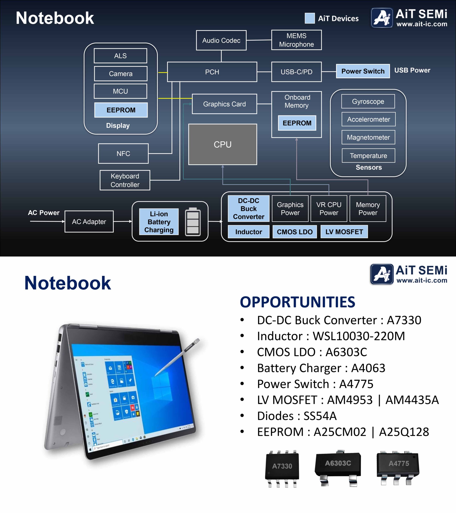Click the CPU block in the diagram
[x=222, y=144]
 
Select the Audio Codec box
[x=221, y=40]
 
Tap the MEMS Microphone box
[x=296, y=40]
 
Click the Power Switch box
[x=363, y=71]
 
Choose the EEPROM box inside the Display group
[x=121, y=110]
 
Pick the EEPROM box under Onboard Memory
[x=297, y=123]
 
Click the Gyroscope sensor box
[x=368, y=101]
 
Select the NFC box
[x=123, y=153]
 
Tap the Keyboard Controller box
[x=125, y=180]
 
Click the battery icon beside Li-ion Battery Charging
[x=193, y=222]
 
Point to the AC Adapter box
[x=89, y=222]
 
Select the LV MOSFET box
[x=344, y=232]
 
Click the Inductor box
[x=248, y=232]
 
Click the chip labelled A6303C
[x=338, y=467]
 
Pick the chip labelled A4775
[x=398, y=467]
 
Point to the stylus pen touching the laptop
[x=178, y=359]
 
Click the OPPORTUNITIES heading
[x=297, y=302]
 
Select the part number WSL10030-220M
[x=359, y=336]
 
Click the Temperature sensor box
[x=368, y=156]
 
